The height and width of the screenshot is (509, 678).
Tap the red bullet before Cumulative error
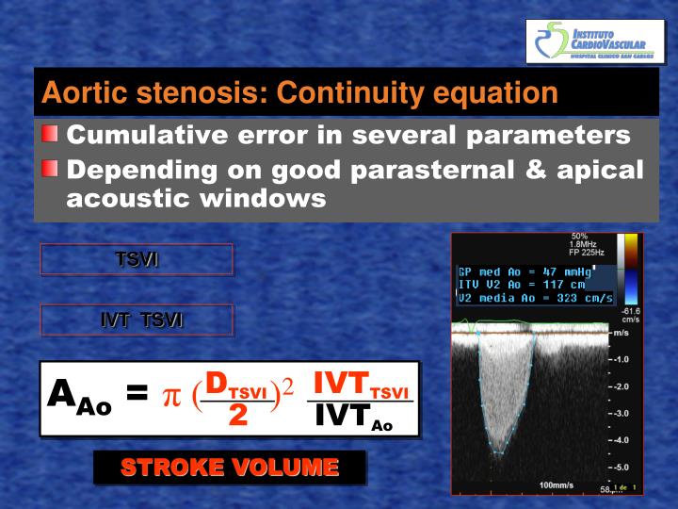[x=50, y=135]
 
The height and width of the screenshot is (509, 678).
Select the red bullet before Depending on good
[x=50, y=170]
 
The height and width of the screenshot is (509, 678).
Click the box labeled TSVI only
[x=137, y=259]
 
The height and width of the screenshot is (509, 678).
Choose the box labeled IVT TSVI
[x=137, y=320]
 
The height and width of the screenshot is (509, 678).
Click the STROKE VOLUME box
[x=229, y=468]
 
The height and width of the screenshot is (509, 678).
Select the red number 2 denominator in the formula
[x=237, y=416]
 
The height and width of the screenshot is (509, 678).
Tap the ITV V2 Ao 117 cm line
[x=523, y=284]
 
